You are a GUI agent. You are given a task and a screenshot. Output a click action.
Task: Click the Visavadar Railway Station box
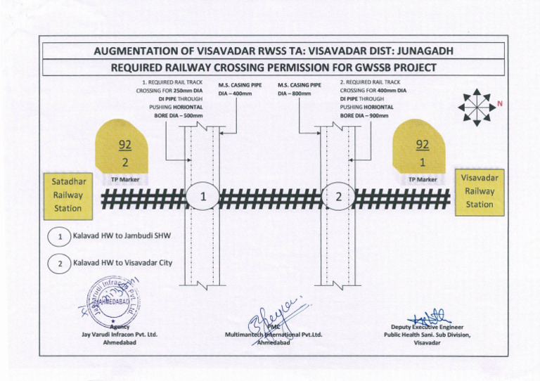(x=478, y=190)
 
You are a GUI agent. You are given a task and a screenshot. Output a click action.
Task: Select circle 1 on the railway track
(x=202, y=197)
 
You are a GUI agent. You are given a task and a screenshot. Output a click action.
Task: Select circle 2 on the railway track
(x=337, y=197)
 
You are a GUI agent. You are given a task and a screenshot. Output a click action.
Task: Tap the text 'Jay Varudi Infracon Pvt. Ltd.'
(x=118, y=335)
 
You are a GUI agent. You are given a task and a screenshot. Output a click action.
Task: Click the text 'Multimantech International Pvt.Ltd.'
(x=273, y=335)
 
